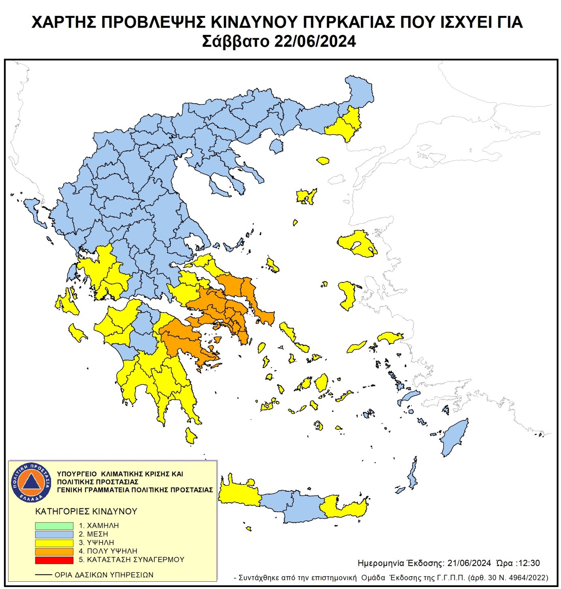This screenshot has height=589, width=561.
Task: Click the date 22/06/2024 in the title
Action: coord(315,41)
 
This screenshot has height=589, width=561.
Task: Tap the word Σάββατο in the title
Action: coord(236,41)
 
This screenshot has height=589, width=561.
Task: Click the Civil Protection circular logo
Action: coord(31,482)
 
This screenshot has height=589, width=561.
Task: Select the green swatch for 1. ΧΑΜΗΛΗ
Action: coord(54,526)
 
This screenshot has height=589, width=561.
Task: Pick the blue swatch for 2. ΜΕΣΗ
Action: coord(54,534)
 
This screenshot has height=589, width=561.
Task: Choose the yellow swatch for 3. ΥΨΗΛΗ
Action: coord(54,543)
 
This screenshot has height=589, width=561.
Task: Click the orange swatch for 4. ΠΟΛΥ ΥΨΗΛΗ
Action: coord(54,551)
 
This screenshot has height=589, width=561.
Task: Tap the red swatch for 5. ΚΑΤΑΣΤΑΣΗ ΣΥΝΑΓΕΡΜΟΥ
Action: coord(54,560)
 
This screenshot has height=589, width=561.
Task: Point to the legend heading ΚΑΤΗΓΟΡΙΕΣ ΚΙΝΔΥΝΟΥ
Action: coord(86,512)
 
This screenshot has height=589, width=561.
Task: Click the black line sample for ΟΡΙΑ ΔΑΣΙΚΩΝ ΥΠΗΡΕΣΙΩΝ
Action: coord(43,575)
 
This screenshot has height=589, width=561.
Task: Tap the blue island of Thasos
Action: coord(276,146)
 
